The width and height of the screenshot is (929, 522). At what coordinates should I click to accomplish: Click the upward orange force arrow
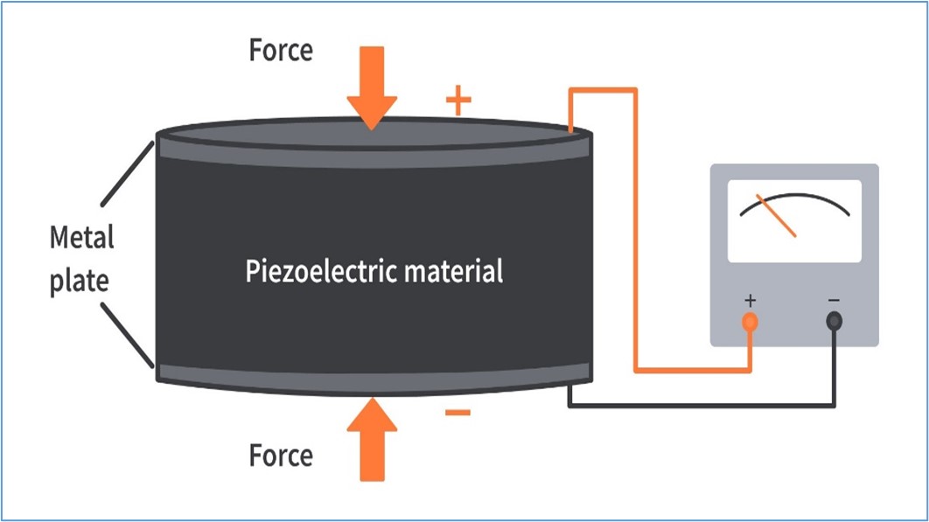coord(372,439)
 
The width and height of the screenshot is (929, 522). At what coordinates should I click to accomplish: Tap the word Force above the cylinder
coord(281,51)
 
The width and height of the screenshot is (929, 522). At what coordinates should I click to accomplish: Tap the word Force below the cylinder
coord(281,456)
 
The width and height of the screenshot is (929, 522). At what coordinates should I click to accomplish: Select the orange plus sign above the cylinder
coord(458,101)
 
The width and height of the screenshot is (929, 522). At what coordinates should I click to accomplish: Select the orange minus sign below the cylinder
coord(458,413)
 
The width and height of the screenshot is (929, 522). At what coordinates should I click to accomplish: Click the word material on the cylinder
coord(454,271)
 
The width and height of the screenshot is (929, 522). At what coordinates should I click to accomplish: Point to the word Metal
coord(81,237)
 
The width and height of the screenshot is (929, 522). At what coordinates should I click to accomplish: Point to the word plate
coord(80,281)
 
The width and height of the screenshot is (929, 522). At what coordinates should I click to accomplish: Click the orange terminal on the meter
coord(750,322)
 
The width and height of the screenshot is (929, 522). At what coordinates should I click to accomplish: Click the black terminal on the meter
coord(835,322)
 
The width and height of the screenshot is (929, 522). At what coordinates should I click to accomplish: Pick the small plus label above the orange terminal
coord(750,301)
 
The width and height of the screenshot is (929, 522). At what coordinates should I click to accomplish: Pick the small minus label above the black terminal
coord(835,301)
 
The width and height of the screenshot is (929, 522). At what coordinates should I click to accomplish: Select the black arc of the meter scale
coord(795,195)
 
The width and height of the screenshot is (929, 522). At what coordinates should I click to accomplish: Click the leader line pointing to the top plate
coord(128,174)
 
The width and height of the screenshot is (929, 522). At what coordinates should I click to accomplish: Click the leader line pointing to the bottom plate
coord(128,336)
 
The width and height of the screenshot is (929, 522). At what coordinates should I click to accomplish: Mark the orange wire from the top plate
coord(636,231)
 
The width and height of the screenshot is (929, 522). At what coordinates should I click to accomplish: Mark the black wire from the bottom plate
coord(702,406)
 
